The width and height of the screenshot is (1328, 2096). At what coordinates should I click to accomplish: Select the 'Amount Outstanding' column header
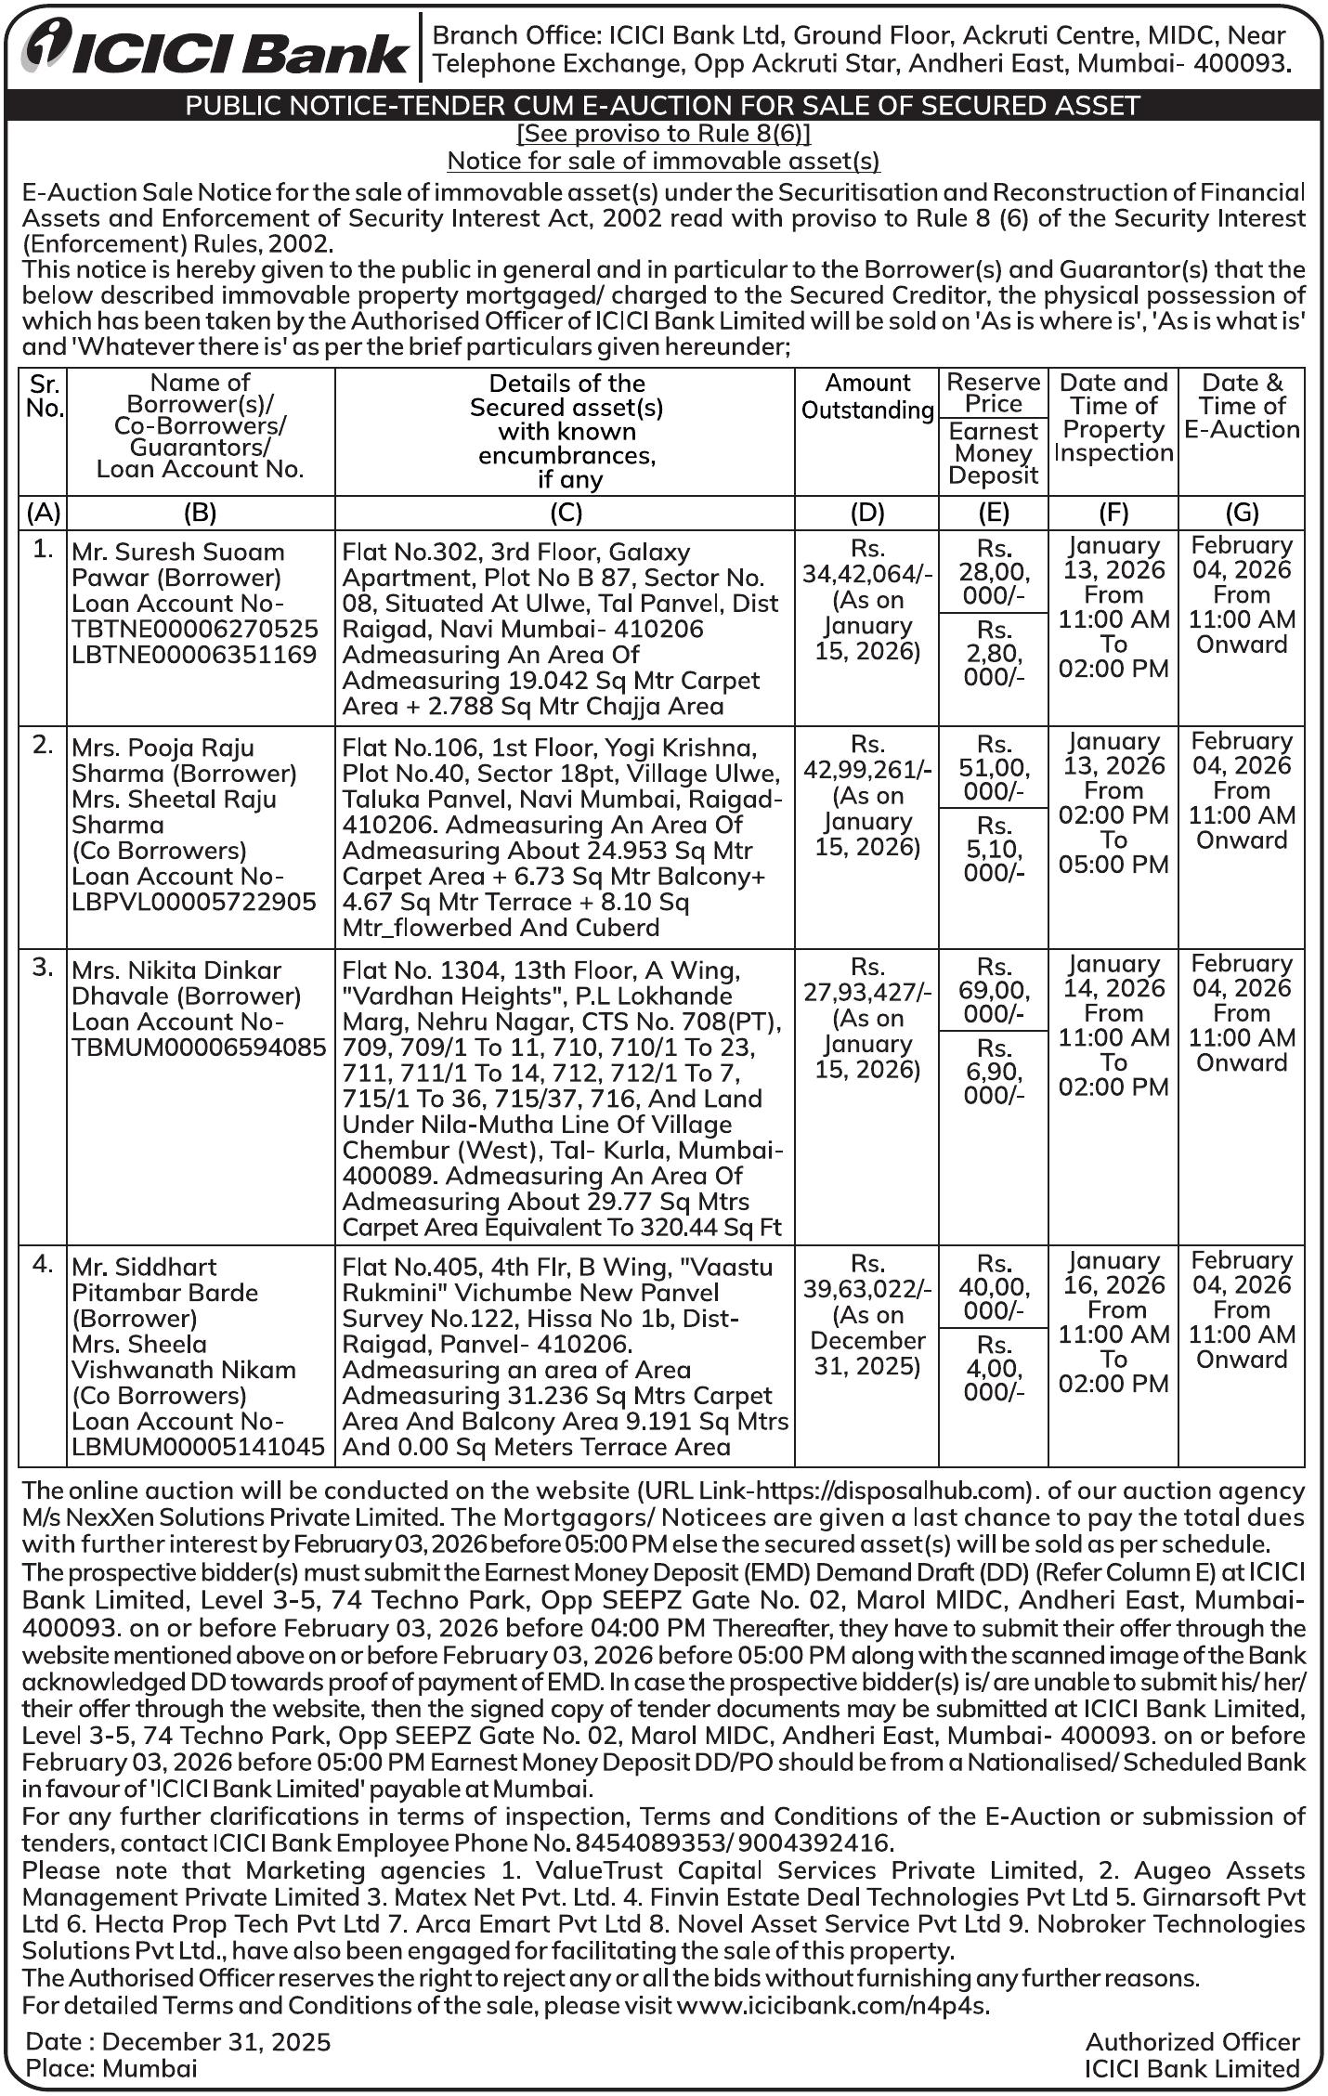[x=867, y=397]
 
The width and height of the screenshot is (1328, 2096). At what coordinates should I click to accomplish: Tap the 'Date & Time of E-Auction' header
[x=1242, y=406]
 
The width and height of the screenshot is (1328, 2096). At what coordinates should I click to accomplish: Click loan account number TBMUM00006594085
[x=199, y=1047]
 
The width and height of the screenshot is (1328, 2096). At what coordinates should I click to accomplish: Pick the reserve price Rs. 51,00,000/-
[x=994, y=768]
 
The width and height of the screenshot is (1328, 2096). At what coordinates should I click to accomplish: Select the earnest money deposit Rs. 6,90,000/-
[x=994, y=1072]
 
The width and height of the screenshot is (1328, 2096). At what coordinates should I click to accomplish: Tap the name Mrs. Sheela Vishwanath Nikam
[x=184, y=1357]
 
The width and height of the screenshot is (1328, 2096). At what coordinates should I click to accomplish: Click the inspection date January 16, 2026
[x=1113, y=1272]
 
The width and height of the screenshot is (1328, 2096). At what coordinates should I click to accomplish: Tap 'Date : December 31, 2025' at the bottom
[x=177, y=2040]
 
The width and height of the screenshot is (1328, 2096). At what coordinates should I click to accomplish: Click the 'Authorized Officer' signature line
[x=1191, y=2040]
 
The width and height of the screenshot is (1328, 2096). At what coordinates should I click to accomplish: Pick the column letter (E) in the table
[x=994, y=513]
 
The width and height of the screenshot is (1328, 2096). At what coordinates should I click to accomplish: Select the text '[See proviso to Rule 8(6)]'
[x=663, y=134]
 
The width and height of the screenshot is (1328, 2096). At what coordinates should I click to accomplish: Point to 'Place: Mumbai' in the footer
[x=111, y=2067]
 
